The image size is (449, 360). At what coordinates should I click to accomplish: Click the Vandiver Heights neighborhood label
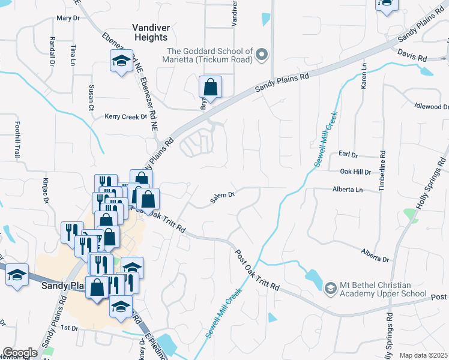click(150, 32)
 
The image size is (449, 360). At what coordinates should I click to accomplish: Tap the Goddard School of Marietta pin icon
click(261, 56)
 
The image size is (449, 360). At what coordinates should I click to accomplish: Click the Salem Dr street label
click(221, 198)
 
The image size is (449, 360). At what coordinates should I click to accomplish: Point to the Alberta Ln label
click(348, 190)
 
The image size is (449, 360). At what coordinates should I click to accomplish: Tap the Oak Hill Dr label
click(356, 172)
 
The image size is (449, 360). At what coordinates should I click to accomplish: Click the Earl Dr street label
click(348, 155)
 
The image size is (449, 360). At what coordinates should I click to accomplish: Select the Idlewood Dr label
click(431, 106)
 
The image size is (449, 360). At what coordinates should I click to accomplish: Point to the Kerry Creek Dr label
click(125, 116)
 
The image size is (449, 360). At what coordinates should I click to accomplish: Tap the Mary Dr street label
click(68, 18)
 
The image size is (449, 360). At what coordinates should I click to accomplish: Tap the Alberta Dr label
click(375, 256)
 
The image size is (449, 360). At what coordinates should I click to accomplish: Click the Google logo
click(20, 353)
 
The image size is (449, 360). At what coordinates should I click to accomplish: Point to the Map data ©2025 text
click(423, 355)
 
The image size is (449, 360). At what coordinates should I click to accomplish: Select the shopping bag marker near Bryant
click(211, 87)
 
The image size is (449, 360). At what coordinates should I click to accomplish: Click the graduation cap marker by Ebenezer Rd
click(121, 61)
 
